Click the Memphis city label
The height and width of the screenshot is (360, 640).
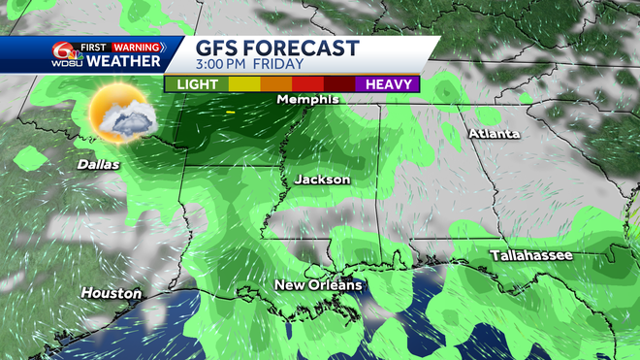307,100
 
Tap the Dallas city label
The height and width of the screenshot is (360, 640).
99,165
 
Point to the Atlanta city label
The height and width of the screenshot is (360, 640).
495,133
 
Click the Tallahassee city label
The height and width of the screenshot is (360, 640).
530,255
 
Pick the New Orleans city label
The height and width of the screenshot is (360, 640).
318,285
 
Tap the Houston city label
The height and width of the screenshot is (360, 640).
112,293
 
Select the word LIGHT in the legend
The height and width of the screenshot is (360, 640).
197,84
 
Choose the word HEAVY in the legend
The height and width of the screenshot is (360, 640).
387,84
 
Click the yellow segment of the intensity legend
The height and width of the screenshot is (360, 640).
244,84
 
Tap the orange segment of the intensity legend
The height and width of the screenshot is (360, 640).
275,84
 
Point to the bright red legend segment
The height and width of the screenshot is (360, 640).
307,84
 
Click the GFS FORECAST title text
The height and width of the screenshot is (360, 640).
277,49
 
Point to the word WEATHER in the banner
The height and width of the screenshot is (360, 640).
123,62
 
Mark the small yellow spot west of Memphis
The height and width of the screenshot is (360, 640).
229,113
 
